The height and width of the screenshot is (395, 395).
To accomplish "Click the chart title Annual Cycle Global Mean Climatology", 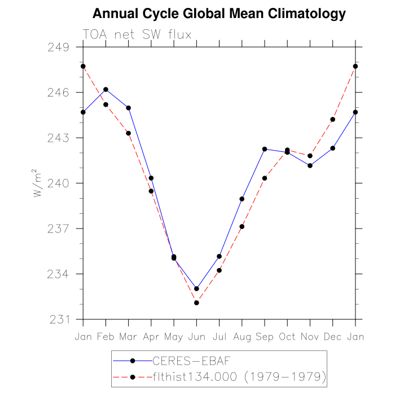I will (219, 14).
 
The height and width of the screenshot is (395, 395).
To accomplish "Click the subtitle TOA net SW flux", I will (138, 34).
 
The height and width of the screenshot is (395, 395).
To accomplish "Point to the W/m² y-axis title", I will (37, 183).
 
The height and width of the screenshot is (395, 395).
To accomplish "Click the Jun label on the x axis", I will (196, 336).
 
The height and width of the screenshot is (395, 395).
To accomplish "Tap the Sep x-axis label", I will (265, 336).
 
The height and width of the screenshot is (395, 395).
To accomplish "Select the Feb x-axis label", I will (106, 336).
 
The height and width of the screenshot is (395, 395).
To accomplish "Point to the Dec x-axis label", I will (332, 336).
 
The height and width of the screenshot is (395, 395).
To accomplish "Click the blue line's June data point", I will (196, 288).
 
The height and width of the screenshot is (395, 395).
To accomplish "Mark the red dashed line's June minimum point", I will (196, 302).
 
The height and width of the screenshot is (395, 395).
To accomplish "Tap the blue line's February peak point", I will (106, 89).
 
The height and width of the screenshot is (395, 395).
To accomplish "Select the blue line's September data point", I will (265, 149).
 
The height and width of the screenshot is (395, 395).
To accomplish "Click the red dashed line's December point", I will (332, 119).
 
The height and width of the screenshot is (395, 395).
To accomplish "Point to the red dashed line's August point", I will (242, 226).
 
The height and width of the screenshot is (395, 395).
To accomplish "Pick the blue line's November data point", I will (310, 165).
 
